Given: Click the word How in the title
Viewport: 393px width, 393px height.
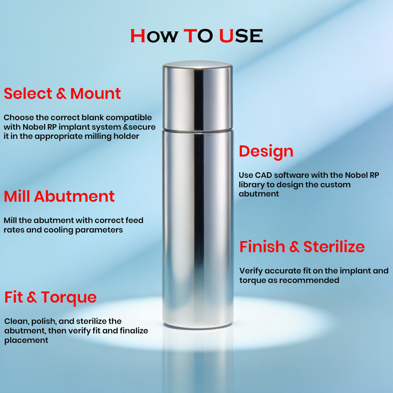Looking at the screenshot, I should (x=154, y=36).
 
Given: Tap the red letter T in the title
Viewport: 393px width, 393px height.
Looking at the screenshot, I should (x=190, y=36).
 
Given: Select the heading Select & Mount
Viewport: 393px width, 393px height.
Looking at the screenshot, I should (x=62, y=94).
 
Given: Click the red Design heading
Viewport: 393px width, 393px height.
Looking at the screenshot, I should (x=266, y=151).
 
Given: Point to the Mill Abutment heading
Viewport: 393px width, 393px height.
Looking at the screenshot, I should (x=59, y=196).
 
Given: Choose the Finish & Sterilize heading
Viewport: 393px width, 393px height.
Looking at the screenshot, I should (x=302, y=247).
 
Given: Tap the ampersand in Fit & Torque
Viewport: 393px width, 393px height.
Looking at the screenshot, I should (x=32, y=297).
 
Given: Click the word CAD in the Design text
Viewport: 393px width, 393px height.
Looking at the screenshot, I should (x=263, y=175).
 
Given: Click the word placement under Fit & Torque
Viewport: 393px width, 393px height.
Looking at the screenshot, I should (x=26, y=340).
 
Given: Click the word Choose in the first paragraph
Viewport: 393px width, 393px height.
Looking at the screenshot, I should (x=19, y=118).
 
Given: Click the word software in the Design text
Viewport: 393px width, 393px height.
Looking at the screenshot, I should (x=291, y=175).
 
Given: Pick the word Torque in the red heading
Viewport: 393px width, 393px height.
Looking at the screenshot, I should (x=69, y=297).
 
